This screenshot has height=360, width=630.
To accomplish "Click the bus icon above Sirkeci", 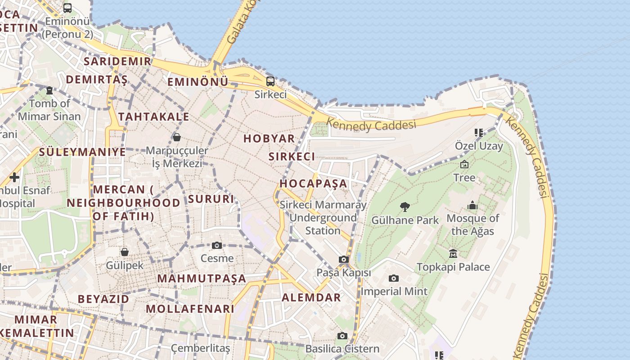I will pyautogui.click(x=270, y=81).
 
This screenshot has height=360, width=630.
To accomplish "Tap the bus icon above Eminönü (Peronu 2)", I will pyautogui.click(x=67, y=8).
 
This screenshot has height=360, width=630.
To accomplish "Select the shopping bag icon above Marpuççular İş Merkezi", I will pyautogui.click(x=177, y=137).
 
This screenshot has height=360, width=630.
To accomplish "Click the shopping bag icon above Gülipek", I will pyautogui.click(x=125, y=252).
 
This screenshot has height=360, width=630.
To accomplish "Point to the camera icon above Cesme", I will pyautogui.click(x=217, y=245).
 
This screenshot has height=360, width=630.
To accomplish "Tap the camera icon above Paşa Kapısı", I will pyautogui.click(x=344, y=260).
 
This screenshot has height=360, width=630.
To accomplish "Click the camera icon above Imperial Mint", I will pyautogui.click(x=394, y=279).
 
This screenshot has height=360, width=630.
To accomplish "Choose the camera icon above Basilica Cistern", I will pyautogui.click(x=342, y=336).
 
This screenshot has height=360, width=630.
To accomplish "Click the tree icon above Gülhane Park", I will pyautogui.click(x=405, y=207).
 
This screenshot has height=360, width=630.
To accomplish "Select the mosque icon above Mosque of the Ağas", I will pyautogui.click(x=472, y=206).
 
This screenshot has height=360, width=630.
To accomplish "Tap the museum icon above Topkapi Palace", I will pyautogui.click(x=453, y=254).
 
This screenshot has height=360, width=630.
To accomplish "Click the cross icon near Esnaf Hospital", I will pyautogui.click(x=14, y=177).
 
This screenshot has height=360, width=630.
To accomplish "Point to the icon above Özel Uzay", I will pyautogui.click(x=479, y=133).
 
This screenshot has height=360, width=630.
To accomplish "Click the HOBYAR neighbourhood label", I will pyautogui.click(x=269, y=139).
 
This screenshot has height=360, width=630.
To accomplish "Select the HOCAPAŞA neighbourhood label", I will pyautogui.click(x=314, y=184).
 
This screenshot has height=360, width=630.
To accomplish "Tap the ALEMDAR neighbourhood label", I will pyautogui.click(x=311, y=297).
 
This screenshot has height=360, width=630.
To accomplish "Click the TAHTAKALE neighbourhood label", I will pyautogui.click(x=154, y=117).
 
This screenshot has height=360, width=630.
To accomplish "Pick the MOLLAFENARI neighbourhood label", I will pyautogui.click(x=190, y=309).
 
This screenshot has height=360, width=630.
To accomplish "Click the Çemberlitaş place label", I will pyautogui.click(x=201, y=348).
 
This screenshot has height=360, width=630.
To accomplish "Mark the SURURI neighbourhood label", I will pyautogui.click(x=211, y=199).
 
